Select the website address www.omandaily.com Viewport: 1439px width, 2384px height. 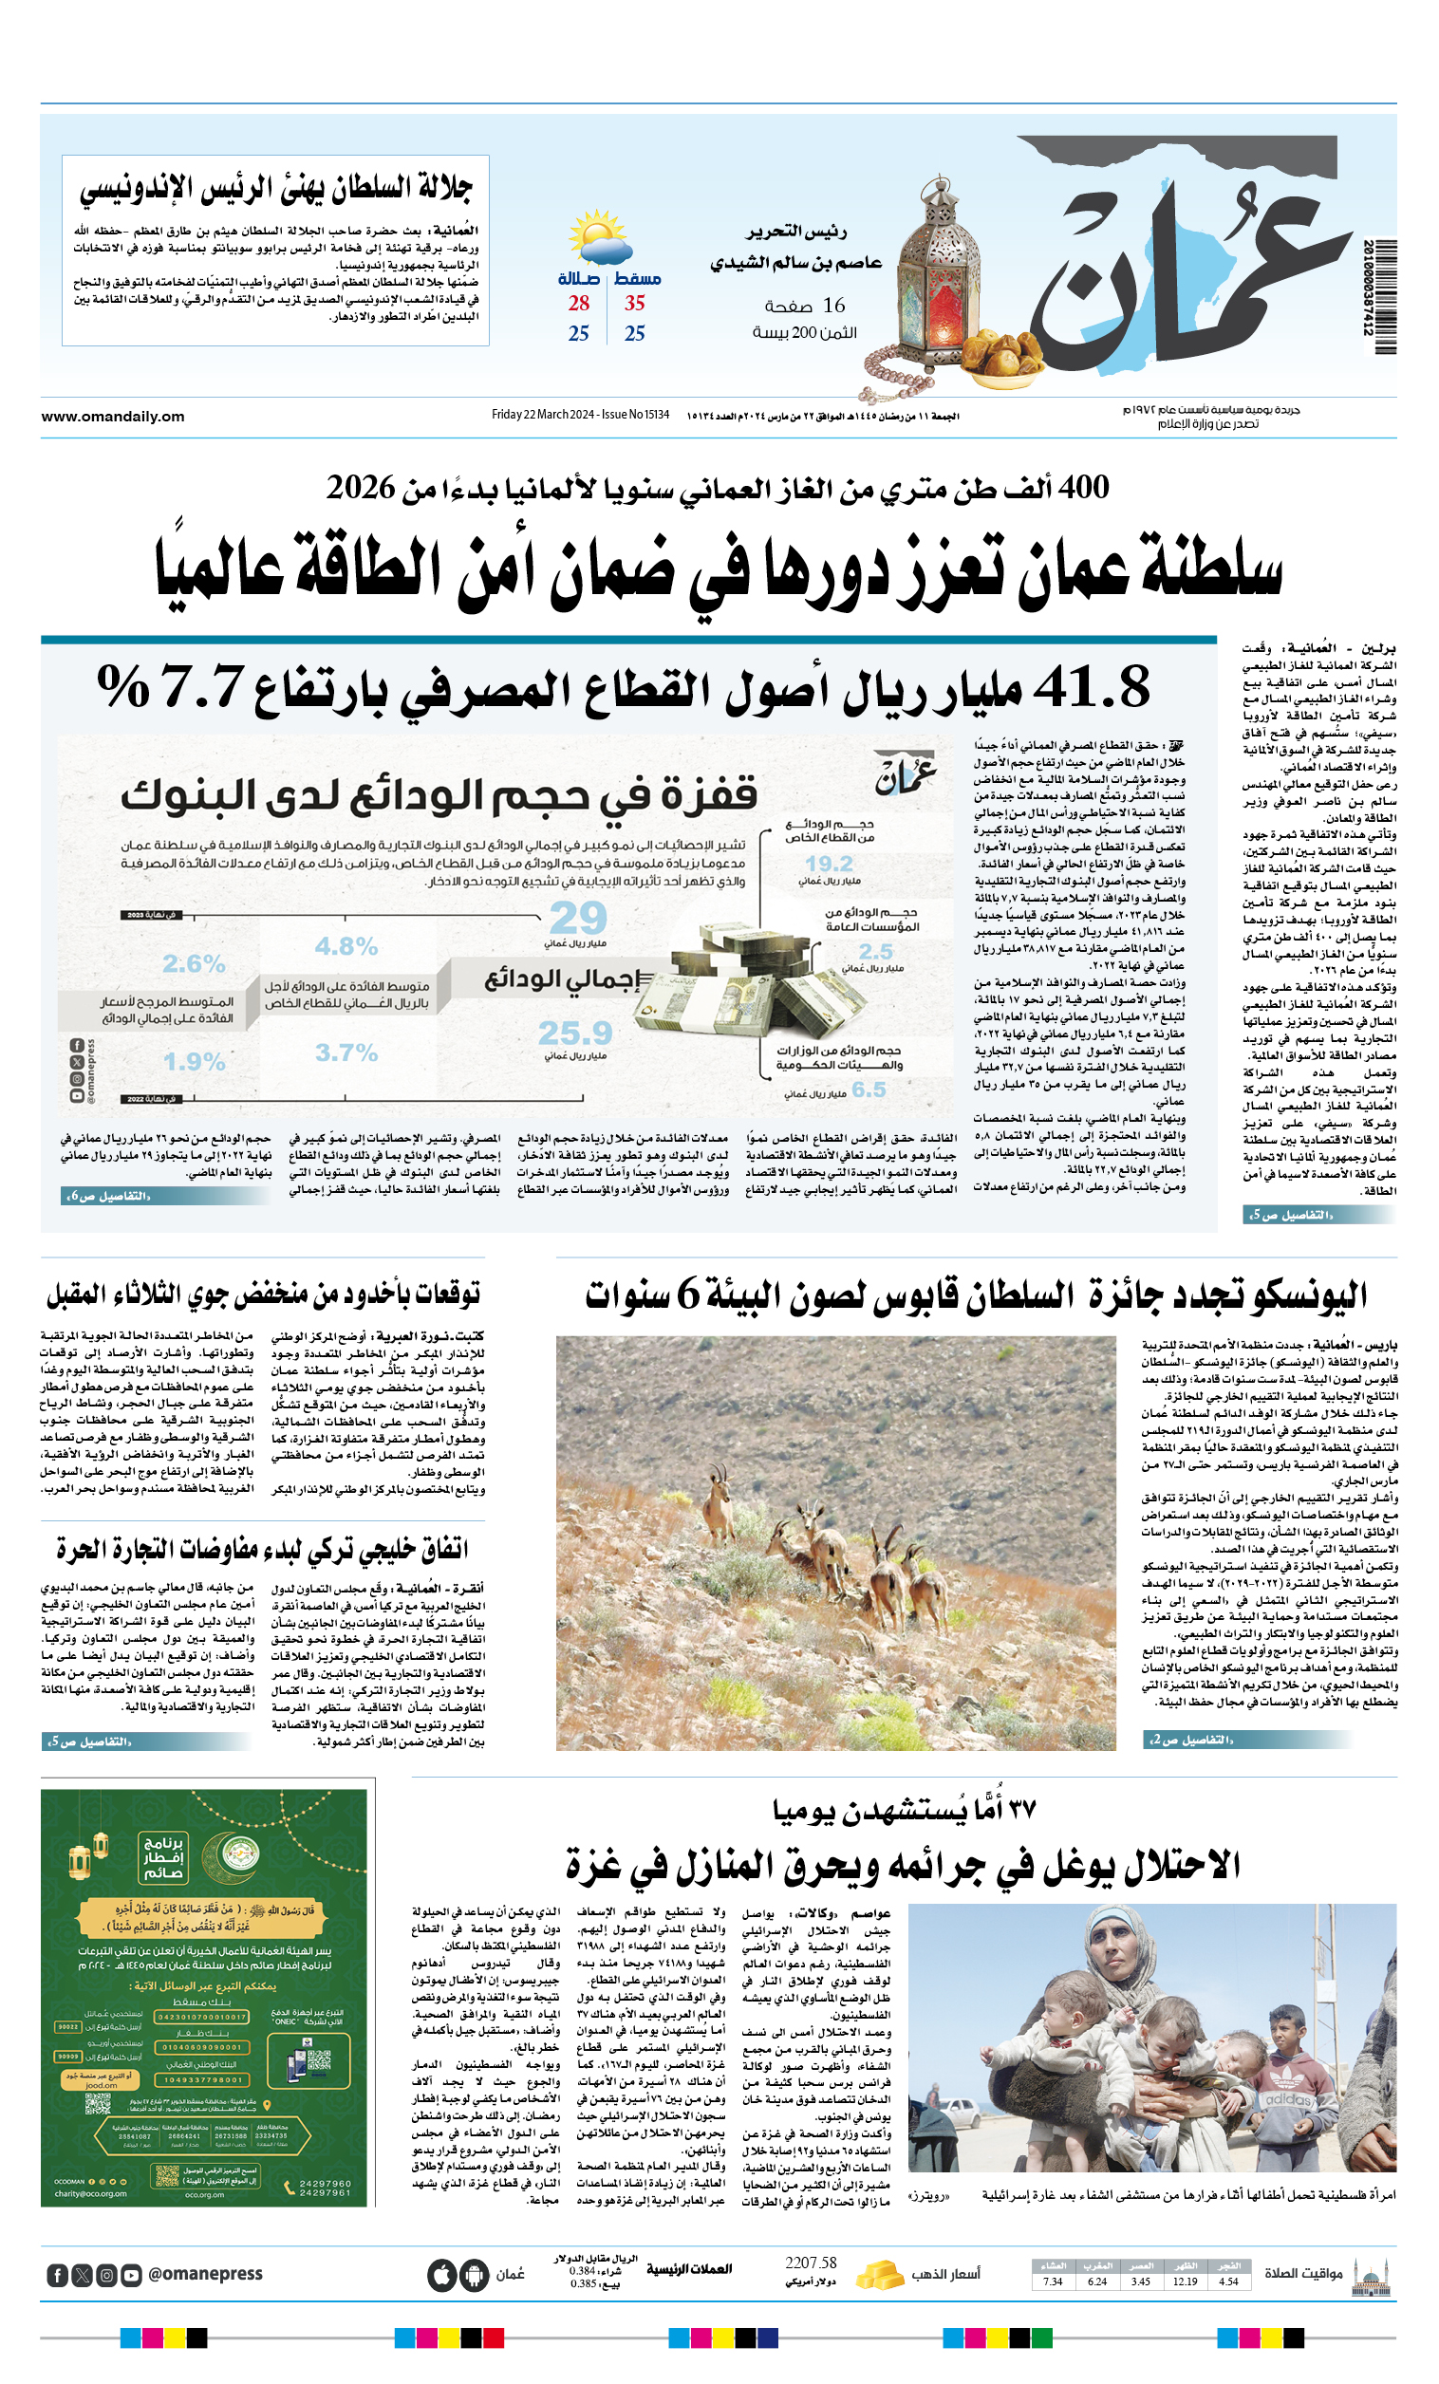click(x=112, y=417)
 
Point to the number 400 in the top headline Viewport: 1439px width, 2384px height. click(x=1083, y=487)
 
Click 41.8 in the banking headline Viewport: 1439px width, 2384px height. click(x=1091, y=689)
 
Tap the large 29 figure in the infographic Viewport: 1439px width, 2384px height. click(x=578, y=917)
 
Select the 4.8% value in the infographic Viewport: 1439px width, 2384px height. click(x=346, y=946)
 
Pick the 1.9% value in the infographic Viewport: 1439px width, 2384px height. click(x=194, y=1061)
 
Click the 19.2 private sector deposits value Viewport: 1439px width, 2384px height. click(x=829, y=863)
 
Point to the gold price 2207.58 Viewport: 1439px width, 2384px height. click(x=811, y=2263)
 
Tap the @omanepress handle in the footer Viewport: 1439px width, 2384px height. click(x=205, y=2274)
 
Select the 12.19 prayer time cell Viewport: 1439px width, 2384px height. click(x=1185, y=2282)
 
